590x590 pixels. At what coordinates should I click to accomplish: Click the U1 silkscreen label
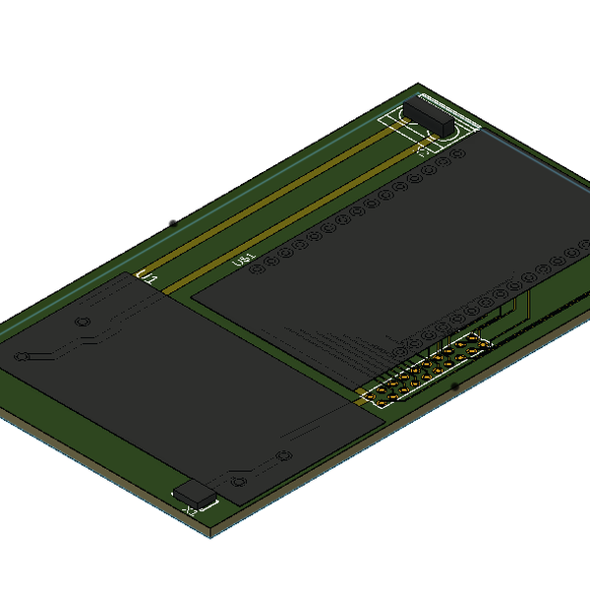[x=148, y=279]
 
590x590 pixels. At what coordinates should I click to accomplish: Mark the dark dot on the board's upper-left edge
[x=173, y=224]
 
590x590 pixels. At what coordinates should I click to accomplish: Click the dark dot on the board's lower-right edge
[x=454, y=387]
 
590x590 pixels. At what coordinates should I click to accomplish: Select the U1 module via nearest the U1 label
[x=84, y=322]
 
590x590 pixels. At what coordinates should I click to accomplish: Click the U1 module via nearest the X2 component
[x=237, y=481]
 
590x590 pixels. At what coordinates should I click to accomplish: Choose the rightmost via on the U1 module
[x=285, y=454]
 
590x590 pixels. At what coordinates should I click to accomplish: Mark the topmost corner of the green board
[x=419, y=84]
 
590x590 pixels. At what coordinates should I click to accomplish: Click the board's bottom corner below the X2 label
[x=211, y=537]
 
